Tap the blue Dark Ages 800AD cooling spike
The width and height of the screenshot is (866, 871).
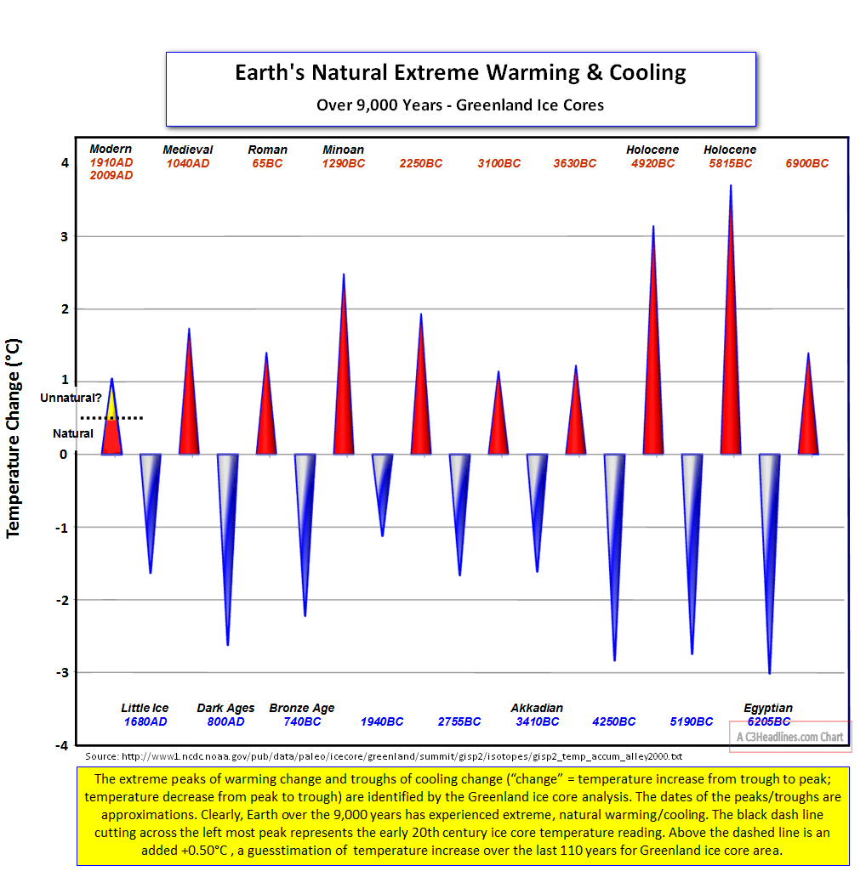coord(227,510)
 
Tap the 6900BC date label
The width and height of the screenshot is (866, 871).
coord(806,163)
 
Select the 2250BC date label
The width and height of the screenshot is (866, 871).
coord(420,163)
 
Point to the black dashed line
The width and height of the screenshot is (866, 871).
coord(111,418)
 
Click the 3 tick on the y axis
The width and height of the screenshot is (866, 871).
coord(63,235)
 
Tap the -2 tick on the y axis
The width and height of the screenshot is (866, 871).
coord(61,600)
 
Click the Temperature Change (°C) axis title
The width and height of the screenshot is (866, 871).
coord(14,438)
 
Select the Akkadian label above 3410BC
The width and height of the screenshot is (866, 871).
coord(537,708)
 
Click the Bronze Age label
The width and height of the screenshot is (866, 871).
coord(302,708)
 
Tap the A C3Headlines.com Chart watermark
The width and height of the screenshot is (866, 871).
coord(790,737)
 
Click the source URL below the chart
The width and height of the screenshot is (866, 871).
coord(384,755)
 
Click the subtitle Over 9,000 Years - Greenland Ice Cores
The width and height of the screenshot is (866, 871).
coord(460,105)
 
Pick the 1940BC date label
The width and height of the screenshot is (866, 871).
coord(382,721)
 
